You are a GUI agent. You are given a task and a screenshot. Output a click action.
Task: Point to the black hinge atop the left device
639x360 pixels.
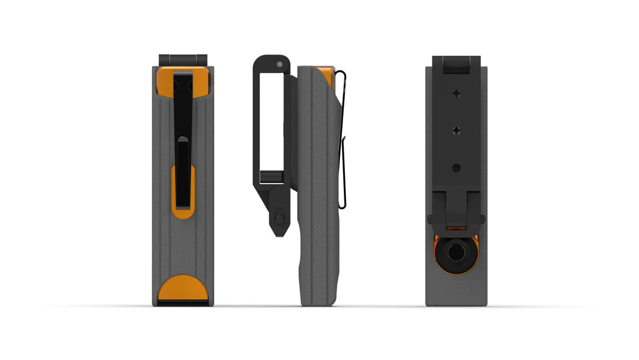[183, 60]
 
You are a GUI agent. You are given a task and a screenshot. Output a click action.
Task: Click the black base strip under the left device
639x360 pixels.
[183, 303]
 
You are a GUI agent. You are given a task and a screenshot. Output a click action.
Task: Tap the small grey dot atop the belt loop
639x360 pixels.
[279, 64]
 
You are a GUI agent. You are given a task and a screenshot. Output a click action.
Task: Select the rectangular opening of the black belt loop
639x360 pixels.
[272, 118]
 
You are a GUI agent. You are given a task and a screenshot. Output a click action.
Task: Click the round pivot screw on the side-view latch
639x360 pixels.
[279, 219]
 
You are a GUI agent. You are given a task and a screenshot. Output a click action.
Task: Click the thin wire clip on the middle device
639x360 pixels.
[343, 142]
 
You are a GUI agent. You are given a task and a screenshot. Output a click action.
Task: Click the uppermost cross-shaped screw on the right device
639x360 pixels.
[456, 94]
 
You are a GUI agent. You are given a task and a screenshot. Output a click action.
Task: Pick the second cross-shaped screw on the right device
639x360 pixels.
[456, 130]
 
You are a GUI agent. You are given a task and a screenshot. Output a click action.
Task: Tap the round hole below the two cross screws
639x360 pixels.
[456, 168]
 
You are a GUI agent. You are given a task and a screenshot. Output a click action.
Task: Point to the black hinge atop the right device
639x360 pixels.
[456, 64]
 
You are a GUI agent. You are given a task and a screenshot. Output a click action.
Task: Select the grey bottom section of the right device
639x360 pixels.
[456, 287]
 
